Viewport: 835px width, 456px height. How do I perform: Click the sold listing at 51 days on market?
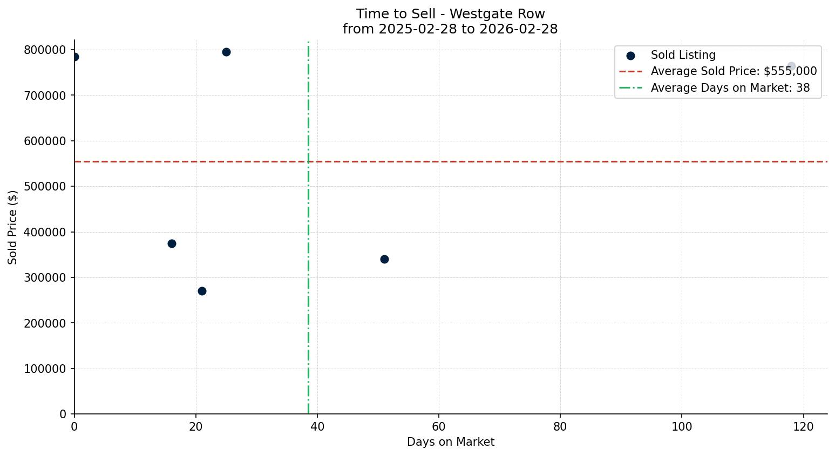(x=384, y=259)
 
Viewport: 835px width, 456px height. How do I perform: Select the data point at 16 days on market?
(x=172, y=243)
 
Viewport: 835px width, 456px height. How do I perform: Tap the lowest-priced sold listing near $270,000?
(x=202, y=291)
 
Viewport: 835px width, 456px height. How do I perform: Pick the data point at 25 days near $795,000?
(x=226, y=52)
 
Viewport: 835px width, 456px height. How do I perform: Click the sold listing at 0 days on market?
(x=74, y=57)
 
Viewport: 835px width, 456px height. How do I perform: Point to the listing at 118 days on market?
(x=791, y=66)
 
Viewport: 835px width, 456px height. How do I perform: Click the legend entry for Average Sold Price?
(x=734, y=71)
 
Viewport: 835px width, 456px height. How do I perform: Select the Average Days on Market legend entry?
(x=730, y=88)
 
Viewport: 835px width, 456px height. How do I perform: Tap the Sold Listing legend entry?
(x=683, y=55)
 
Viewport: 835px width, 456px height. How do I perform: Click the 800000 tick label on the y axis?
(x=45, y=50)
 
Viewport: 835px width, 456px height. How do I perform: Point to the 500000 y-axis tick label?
(x=45, y=187)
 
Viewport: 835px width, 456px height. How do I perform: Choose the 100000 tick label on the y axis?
(x=45, y=369)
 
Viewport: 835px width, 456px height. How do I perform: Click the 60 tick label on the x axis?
(x=439, y=426)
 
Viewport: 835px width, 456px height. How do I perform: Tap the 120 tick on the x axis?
(x=804, y=426)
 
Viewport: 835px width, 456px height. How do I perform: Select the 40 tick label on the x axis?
(x=317, y=426)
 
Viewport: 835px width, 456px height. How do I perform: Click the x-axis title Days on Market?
(x=451, y=442)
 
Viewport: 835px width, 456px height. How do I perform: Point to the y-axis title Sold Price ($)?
(x=13, y=227)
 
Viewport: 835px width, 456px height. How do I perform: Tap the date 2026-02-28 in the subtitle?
(x=518, y=29)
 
